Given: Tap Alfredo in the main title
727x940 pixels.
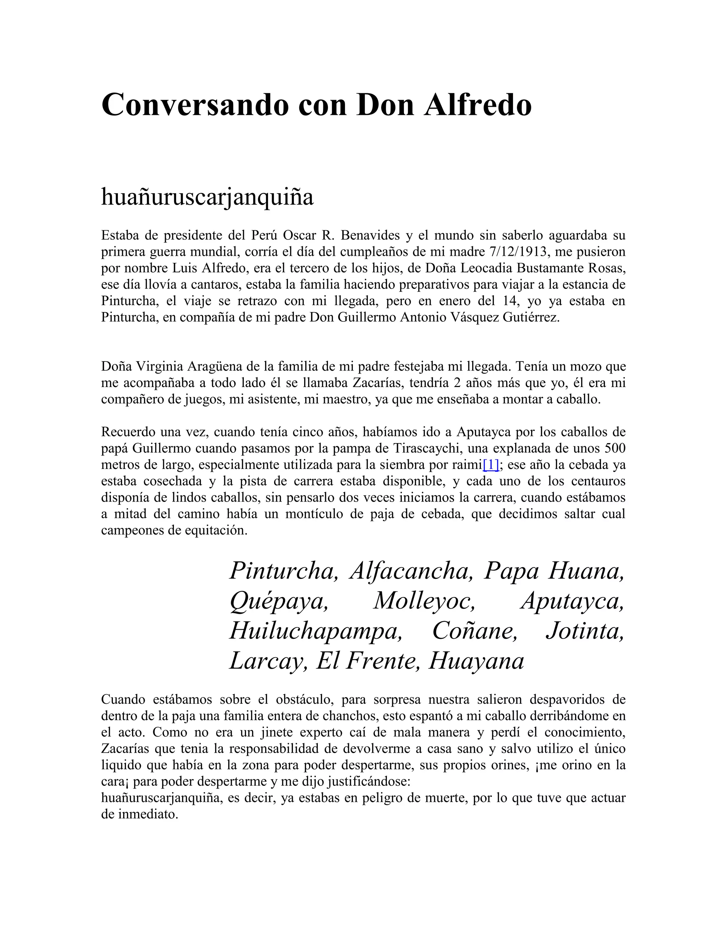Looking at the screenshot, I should point(478,105).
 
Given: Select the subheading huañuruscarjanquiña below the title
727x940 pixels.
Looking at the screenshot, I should point(207,198).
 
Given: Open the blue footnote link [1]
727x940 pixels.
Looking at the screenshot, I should point(491,465).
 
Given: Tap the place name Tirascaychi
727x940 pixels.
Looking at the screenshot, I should point(426,448).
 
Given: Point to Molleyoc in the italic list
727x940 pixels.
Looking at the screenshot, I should point(424,601).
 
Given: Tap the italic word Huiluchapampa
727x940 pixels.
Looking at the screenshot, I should point(316,631).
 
